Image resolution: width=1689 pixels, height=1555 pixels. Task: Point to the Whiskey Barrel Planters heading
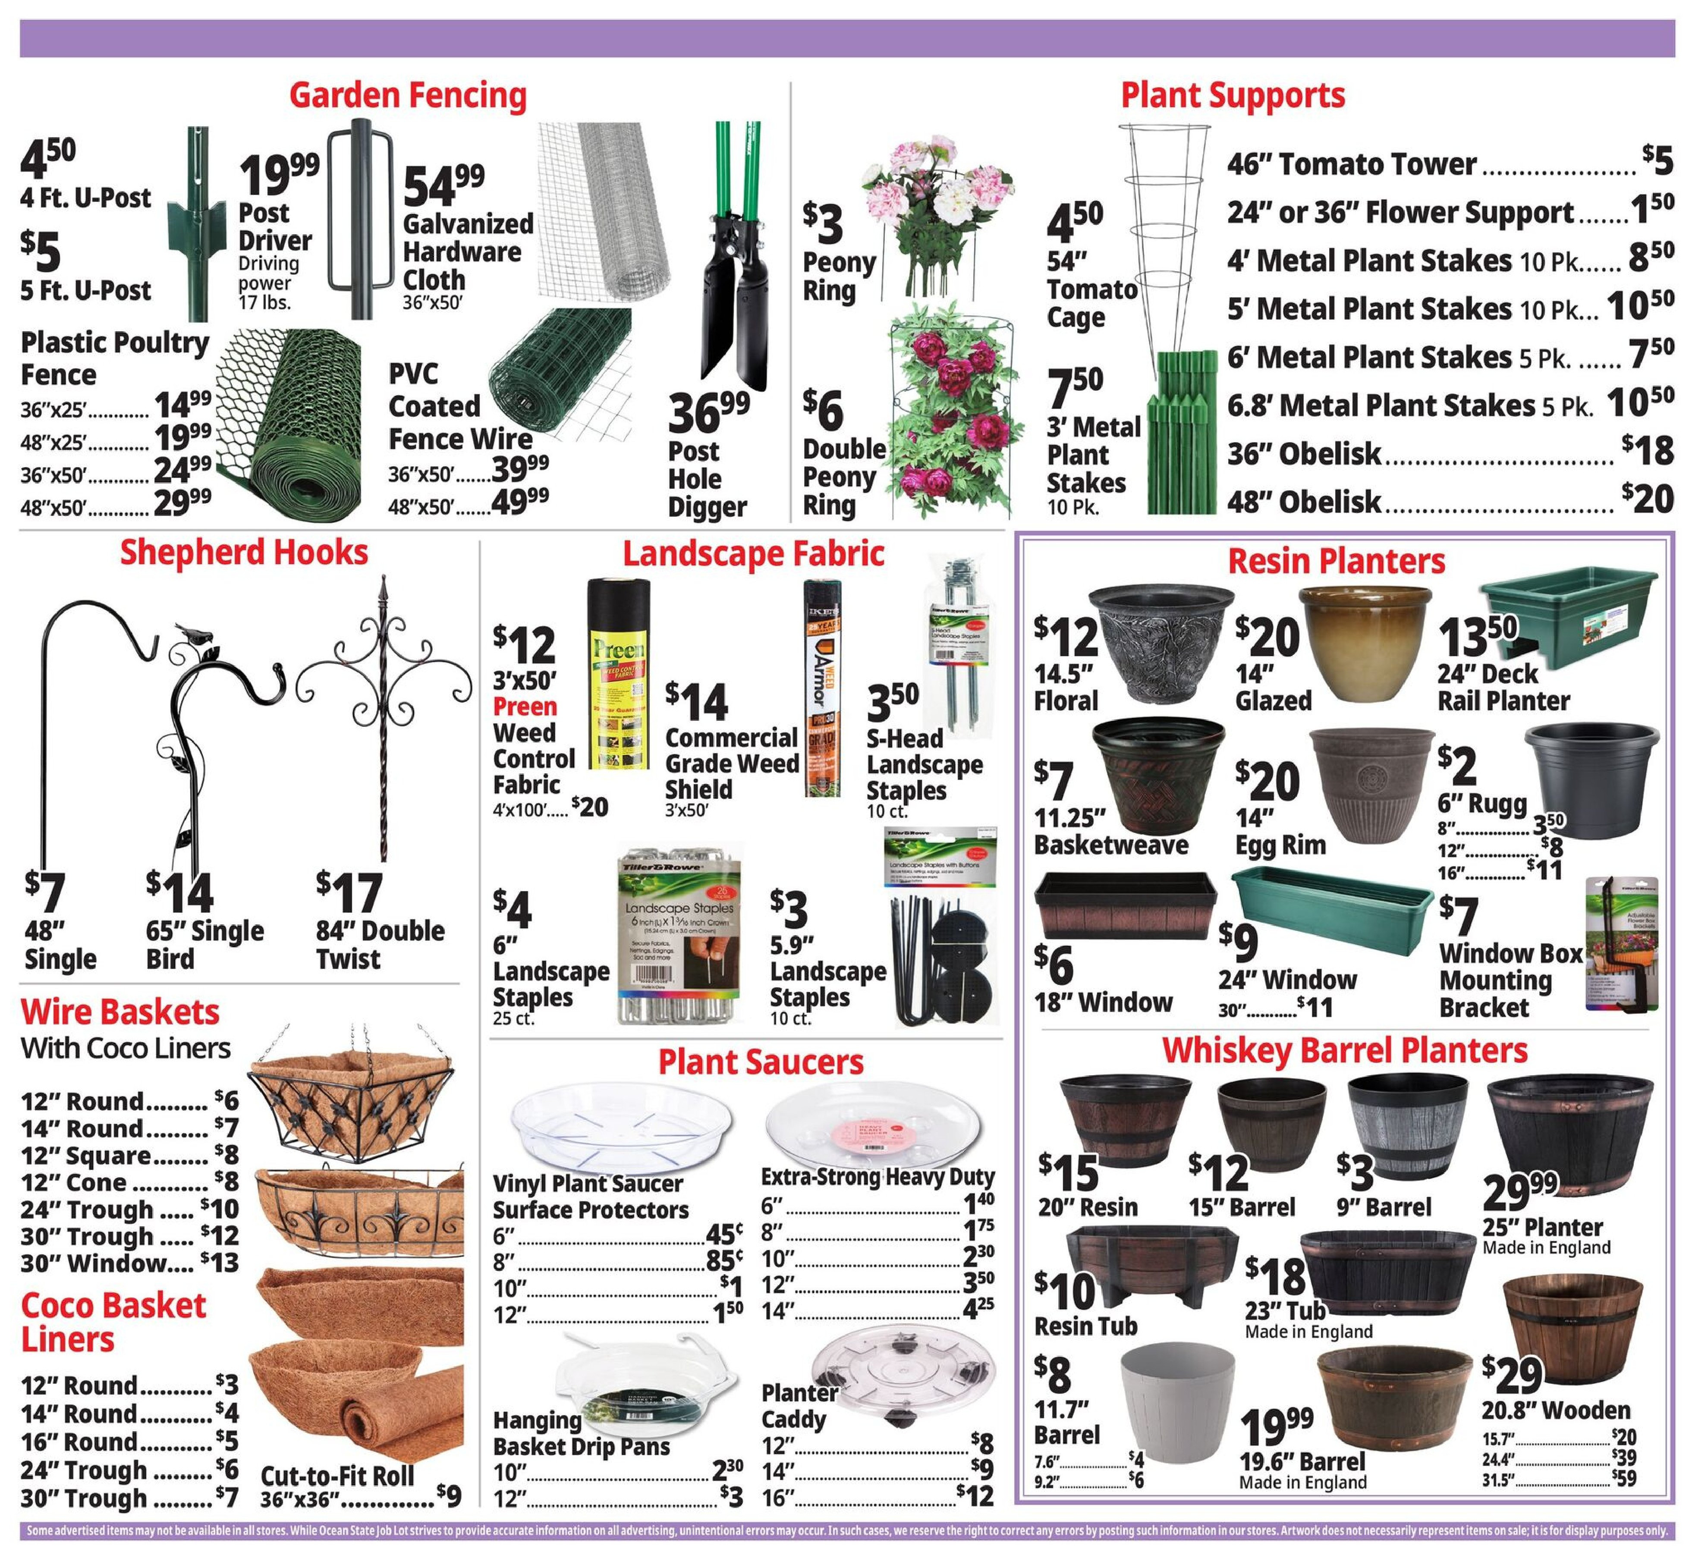[1344, 1050]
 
